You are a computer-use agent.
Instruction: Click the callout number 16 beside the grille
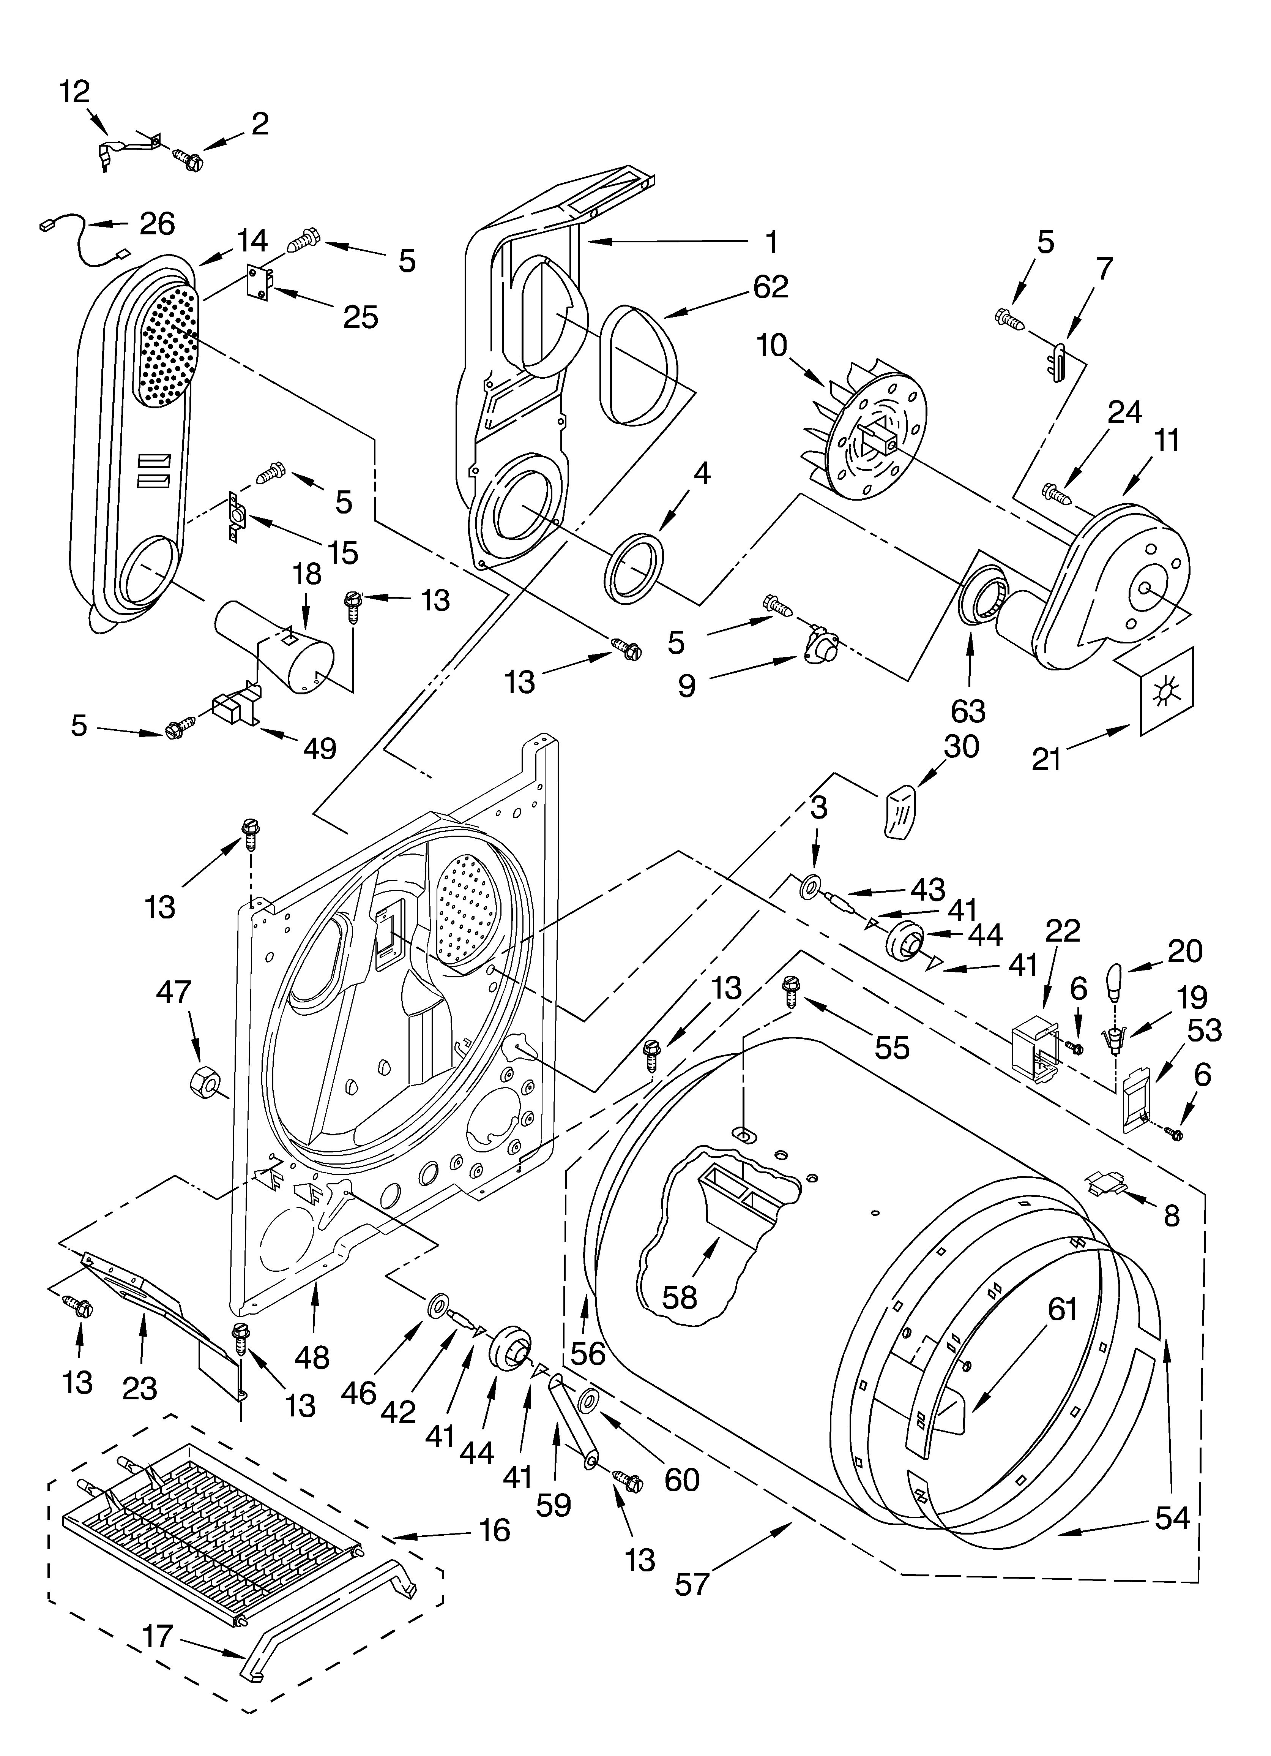click(494, 1530)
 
